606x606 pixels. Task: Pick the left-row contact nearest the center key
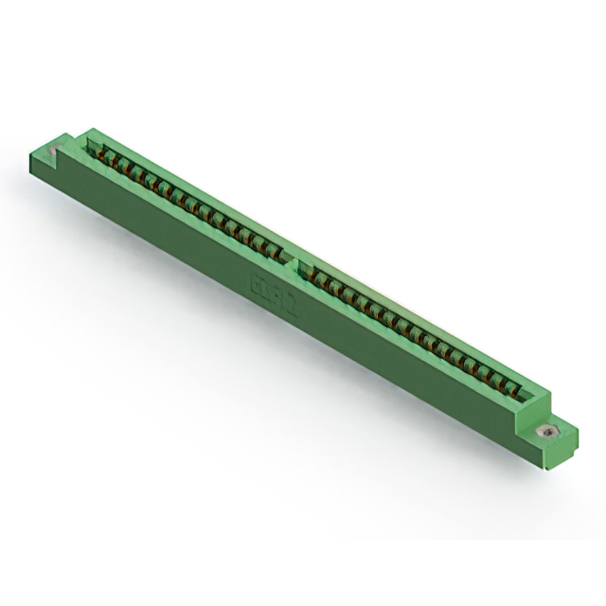click(x=278, y=250)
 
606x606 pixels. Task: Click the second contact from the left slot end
click(x=110, y=158)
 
